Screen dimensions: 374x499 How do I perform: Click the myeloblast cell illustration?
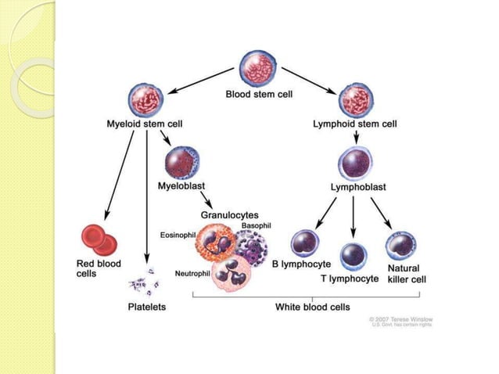[x=182, y=163]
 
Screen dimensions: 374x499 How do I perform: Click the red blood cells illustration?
[x=99, y=239]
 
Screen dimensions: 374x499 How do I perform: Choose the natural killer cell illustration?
[x=400, y=246]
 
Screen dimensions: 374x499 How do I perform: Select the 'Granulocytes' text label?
[x=229, y=214]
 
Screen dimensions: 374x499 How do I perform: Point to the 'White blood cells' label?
[x=312, y=307]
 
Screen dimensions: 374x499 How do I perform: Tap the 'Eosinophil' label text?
[x=178, y=234]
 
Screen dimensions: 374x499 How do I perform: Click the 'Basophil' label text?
[x=256, y=225]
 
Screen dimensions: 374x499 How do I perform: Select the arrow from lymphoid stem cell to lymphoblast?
[x=357, y=137]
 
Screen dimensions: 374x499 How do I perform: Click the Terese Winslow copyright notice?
[x=400, y=322]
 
